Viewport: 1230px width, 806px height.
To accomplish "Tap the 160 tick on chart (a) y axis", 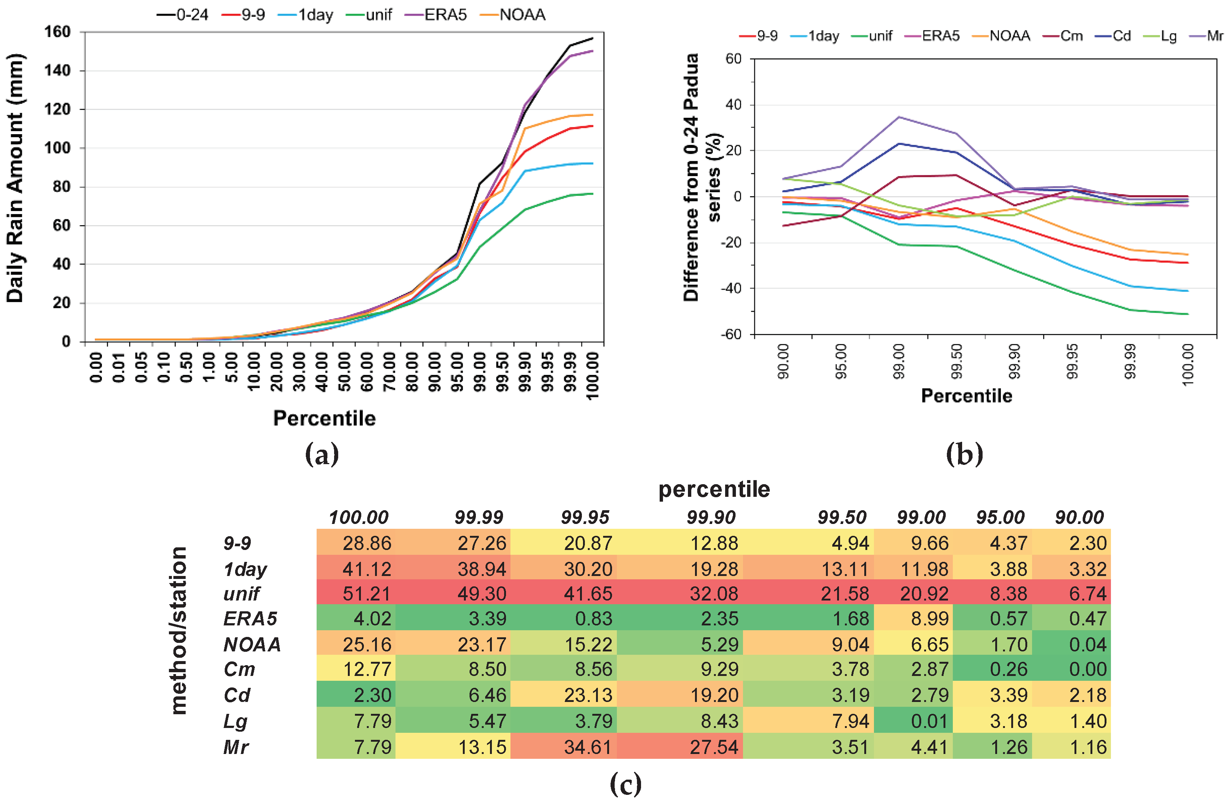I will pos(57,32).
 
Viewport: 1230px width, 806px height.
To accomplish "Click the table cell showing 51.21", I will pos(366,593).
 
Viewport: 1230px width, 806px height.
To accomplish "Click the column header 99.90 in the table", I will pos(711,517).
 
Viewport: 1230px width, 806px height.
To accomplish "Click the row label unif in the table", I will pos(241,594).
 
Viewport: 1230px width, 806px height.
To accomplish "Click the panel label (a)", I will pos(322,454).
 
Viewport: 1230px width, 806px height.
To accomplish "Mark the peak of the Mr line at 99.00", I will pos(899,117).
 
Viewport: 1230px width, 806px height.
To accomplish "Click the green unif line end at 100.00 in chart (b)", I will pos(1188,314).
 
